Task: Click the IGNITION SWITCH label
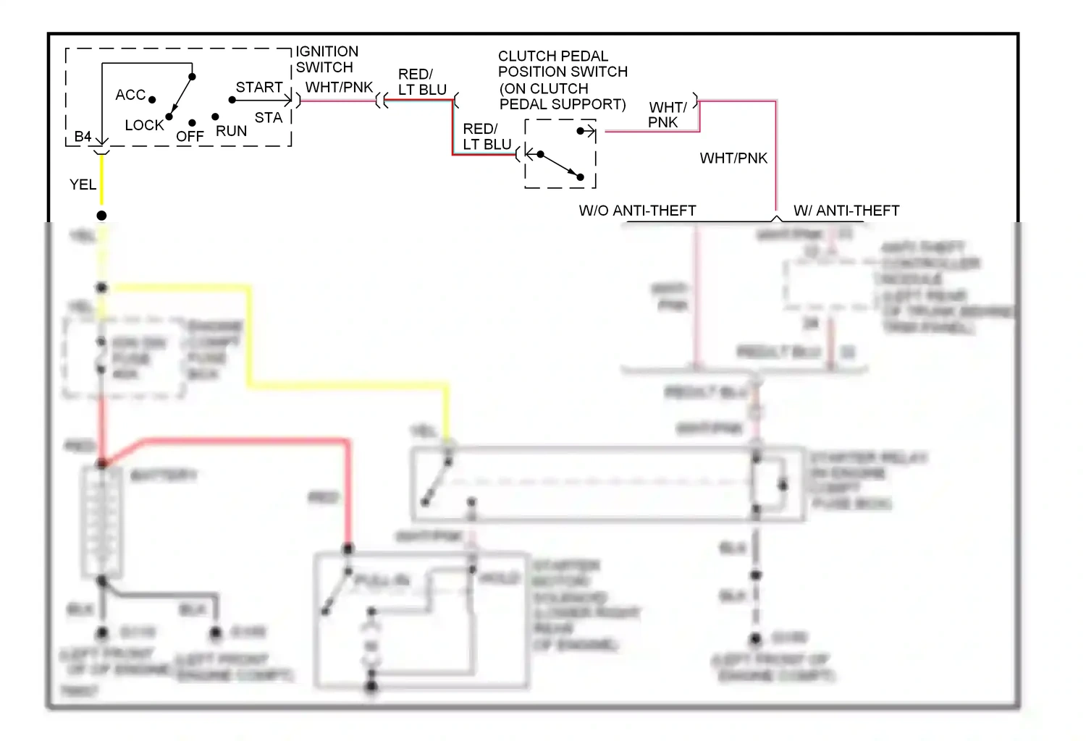point(327,59)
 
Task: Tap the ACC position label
point(130,95)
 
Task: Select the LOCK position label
point(144,125)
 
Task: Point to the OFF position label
point(190,136)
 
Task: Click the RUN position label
point(231,131)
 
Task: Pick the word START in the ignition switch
point(259,87)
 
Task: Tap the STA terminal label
point(268,117)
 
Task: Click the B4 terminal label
point(83,136)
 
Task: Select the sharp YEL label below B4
point(83,185)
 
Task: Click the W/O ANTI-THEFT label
point(637,211)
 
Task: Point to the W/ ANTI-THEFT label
point(846,211)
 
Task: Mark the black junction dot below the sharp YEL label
point(101,216)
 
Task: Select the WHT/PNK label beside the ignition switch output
point(339,87)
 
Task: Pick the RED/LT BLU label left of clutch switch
point(487,136)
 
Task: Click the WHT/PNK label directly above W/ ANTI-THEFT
point(733,158)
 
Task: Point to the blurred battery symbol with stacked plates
point(101,521)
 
